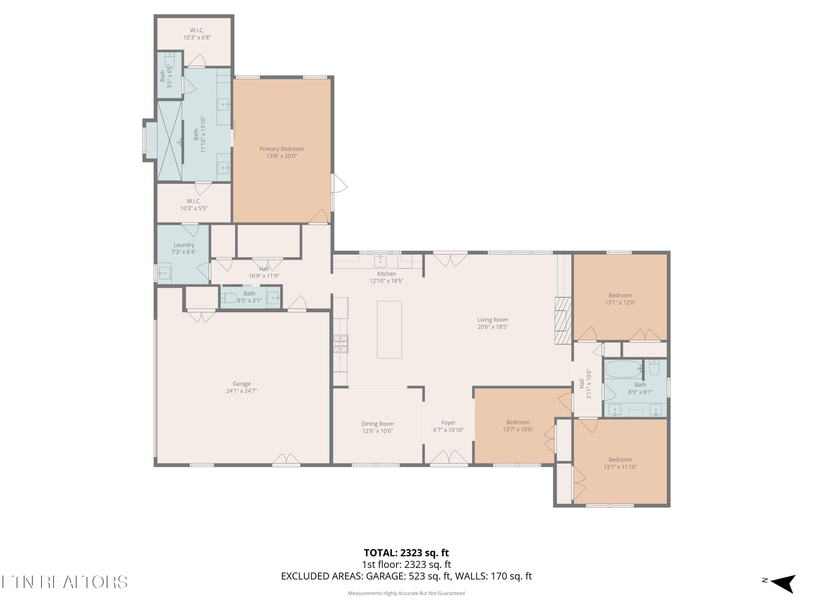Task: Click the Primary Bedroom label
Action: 282,149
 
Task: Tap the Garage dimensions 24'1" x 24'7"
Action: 241,391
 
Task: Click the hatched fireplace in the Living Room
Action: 563,321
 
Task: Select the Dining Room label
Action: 378,424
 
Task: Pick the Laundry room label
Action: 184,245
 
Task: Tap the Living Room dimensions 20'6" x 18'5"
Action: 493,327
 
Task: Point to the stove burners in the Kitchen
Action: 341,344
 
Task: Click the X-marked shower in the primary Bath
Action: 169,141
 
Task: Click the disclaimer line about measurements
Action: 406,593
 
